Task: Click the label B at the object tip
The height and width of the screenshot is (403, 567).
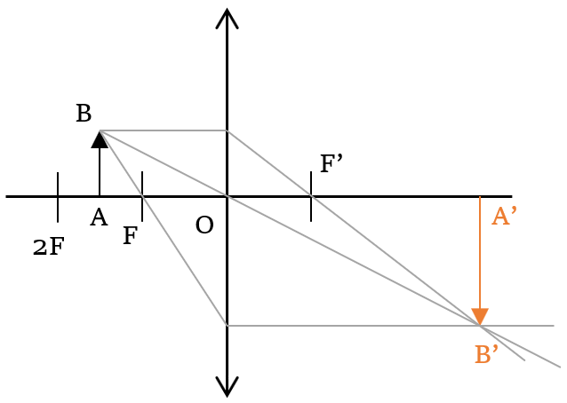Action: point(84,115)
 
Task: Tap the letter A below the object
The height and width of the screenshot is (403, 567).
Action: point(99,218)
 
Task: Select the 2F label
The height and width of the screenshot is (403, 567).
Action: point(48,248)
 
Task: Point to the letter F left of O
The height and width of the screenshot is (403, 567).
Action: point(130,237)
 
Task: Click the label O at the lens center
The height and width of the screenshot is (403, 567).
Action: point(204,226)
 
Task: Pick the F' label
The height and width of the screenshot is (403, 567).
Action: point(331,164)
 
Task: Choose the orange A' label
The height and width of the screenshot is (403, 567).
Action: point(504,217)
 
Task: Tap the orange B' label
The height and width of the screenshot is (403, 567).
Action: point(486,355)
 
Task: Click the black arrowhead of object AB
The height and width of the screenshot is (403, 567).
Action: point(100,139)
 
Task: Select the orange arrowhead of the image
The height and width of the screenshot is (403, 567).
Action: point(480,317)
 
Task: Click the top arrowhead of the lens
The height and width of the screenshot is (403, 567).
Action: point(227,17)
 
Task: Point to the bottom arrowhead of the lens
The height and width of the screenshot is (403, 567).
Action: point(227,387)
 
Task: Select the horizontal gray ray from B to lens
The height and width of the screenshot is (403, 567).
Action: point(164,130)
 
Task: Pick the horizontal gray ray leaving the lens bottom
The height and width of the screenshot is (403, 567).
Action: point(355,326)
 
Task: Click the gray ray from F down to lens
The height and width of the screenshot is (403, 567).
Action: point(185,262)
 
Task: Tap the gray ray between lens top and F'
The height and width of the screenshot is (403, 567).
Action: point(269,163)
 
